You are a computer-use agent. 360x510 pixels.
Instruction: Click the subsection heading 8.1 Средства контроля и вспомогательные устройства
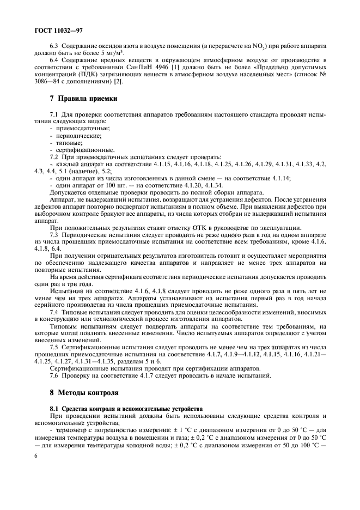point(126,408)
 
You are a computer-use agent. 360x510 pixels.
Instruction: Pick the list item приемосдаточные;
point(82,128)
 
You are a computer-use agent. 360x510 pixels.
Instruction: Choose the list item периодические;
point(78,135)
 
